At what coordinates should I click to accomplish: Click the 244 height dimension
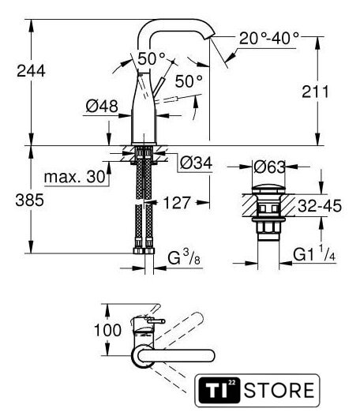(x=31, y=71)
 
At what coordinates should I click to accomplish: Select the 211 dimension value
(x=315, y=92)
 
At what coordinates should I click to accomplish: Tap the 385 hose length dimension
(x=29, y=200)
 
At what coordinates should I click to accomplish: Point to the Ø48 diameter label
(x=102, y=107)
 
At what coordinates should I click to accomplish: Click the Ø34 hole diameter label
(x=196, y=163)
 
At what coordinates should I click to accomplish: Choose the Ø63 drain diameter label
(x=269, y=167)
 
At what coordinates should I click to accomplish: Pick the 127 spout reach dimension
(x=177, y=203)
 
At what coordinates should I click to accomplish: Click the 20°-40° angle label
(x=269, y=38)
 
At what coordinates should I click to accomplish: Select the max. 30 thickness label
(x=75, y=177)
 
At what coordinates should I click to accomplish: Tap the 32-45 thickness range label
(x=320, y=206)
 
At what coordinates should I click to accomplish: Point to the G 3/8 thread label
(x=184, y=257)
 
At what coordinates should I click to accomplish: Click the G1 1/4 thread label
(x=314, y=253)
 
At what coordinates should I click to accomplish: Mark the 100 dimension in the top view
(x=107, y=330)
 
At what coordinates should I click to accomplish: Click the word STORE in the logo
(x=279, y=390)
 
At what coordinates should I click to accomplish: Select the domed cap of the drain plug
(x=268, y=189)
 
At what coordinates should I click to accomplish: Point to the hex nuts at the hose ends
(x=144, y=251)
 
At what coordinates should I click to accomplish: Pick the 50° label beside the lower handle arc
(x=189, y=81)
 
